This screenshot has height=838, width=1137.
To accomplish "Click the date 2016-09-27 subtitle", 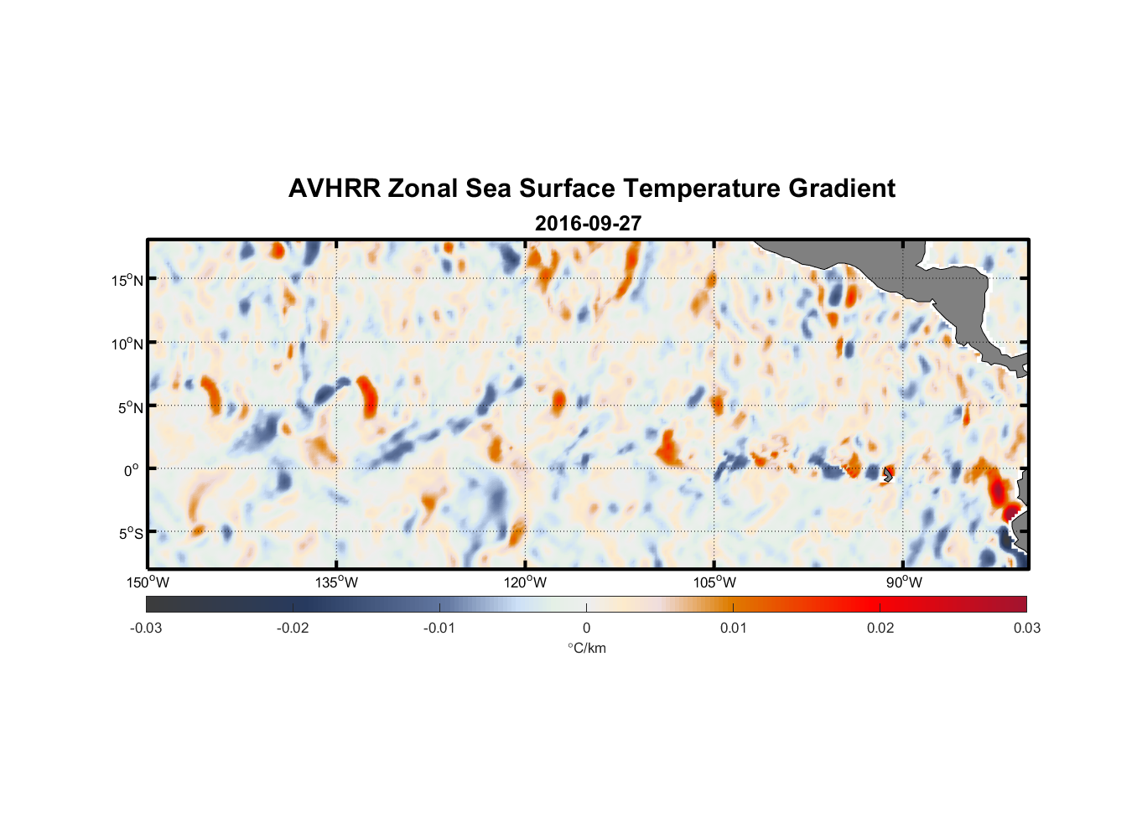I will pyautogui.click(x=588, y=224).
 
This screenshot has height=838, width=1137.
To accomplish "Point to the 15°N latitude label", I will pyautogui.click(x=127, y=280).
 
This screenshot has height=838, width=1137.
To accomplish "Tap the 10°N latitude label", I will pyautogui.click(x=127, y=344).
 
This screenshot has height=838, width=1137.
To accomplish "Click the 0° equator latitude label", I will pyautogui.click(x=132, y=470).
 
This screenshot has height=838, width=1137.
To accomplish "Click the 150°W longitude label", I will pyautogui.click(x=148, y=582).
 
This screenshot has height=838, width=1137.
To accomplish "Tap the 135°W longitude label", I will pyautogui.click(x=337, y=582).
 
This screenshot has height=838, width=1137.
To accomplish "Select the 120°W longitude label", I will pyautogui.click(x=526, y=582).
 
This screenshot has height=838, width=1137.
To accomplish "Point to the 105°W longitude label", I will pyautogui.click(x=714, y=582).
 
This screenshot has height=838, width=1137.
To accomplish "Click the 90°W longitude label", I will pyautogui.click(x=903, y=582).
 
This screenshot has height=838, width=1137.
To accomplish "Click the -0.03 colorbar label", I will pyautogui.click(x=146, y=628).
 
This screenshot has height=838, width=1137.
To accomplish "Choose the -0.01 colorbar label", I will pyautogui.click(x=439, y=628).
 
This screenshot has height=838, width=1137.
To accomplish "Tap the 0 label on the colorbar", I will pyautogui.click(x=586, y=628).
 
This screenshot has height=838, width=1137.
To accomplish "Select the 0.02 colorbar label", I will pyautogui.click(x=880, y=628).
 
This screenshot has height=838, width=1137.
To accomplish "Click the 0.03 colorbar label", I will pyautogui.click(x=1026, y=628).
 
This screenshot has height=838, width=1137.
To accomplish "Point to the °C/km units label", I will pyautogui.click(x=586, y=648).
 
